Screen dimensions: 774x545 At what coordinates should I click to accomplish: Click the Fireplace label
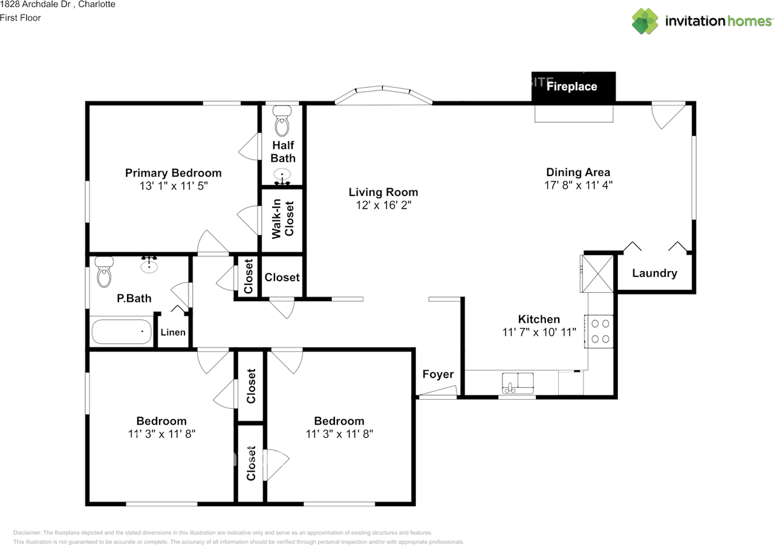click(x=571, y=86)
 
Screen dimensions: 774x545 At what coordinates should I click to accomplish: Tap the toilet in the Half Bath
click(x=282, y=121)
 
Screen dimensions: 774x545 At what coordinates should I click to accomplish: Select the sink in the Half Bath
click(x=282, y=176)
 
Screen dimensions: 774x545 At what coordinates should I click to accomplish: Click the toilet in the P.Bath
click(x=104, y=272)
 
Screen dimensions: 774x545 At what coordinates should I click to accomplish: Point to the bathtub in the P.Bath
click(x=122, y=331)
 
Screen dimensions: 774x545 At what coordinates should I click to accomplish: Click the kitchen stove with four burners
click(x=599, y=331)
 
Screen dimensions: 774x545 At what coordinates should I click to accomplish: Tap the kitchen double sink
click(x=518, y=383)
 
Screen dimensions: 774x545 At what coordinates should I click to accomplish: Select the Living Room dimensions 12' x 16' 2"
click(x=383, y=205)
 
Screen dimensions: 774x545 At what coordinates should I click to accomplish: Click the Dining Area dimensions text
click(x=579, y=185)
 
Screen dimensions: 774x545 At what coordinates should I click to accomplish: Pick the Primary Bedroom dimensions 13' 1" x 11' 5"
click(x=174, y=186)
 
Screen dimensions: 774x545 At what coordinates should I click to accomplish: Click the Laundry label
click(x=654, y=273)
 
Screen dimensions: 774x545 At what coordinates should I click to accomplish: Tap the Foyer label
click(x=438, y=374)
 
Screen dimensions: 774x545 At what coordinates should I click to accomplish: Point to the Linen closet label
click(x=173, y=333)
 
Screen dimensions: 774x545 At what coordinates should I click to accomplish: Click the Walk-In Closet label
click(x=282, y=219)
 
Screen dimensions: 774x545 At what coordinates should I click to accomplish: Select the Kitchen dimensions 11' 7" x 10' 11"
click(x=539, y=333)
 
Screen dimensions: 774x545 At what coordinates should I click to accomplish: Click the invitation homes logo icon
click(x=645, y=21)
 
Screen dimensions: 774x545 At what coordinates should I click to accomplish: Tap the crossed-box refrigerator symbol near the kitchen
click(x=597, y=273)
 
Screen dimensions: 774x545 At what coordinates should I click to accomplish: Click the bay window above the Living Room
click(x=383, y=95)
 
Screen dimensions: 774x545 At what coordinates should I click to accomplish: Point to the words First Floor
click(x=21, y=18)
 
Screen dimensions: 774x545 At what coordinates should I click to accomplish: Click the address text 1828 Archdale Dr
click(x=35, y=4)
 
